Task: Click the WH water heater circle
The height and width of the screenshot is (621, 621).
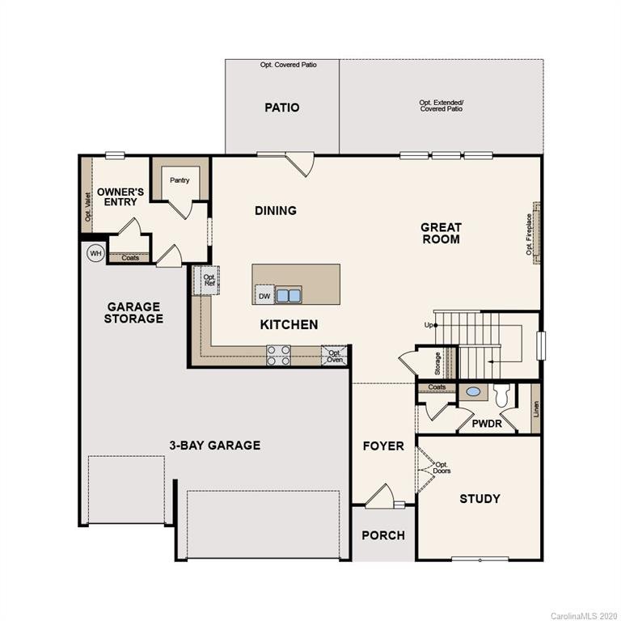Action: coord(96,253)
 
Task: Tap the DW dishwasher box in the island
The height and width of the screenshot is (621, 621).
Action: coord(264,296)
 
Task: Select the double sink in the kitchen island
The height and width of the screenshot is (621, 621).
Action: coord(289,295)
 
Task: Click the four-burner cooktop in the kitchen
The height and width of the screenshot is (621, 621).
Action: coord(279,355)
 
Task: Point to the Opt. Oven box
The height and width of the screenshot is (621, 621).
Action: coord(334,356)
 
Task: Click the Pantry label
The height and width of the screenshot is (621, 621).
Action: coord(180,180)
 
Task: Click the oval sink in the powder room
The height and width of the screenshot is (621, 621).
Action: coord(474,393)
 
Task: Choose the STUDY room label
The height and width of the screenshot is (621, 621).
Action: coord(479,499)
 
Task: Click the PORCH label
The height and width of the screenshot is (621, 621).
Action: coord(383,535)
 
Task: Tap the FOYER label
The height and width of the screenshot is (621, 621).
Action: coord(383,446)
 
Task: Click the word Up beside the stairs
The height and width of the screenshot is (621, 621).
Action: coord(429,325)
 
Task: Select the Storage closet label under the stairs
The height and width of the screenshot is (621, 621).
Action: coord(437,362)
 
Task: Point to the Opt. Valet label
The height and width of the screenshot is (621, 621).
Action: coord(87,205)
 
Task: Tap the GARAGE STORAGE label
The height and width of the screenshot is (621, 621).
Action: coord(134,313)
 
